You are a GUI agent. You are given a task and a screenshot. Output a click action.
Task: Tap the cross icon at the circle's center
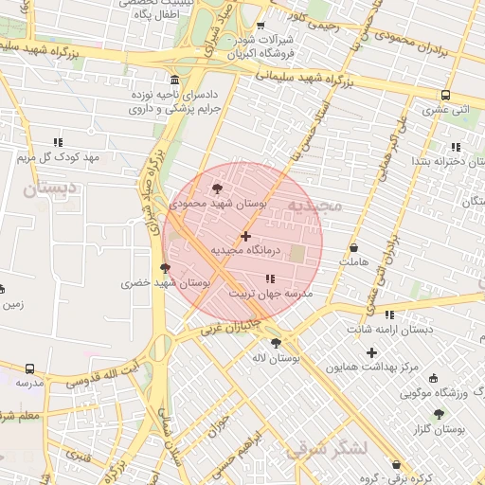click(246, 236)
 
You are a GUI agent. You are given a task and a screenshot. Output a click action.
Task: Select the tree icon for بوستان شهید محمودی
click(219, 189)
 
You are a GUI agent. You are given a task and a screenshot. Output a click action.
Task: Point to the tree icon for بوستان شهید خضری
click(166, 268)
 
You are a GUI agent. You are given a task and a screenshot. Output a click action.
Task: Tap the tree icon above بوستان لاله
click(276, 343)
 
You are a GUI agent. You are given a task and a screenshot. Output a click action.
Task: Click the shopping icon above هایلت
click(353, 247)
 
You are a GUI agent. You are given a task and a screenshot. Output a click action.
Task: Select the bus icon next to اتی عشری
click(445, 95)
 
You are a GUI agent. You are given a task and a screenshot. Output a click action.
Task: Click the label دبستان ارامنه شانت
click(389, 329)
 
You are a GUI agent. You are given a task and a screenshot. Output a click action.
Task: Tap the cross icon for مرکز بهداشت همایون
click(371, 352)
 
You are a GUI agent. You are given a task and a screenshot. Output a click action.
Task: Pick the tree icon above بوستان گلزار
click(439, 414)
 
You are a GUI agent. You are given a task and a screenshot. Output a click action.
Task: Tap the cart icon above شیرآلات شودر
click(260, 25)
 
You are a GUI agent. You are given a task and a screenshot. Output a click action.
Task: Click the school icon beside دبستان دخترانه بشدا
click(456, 147)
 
